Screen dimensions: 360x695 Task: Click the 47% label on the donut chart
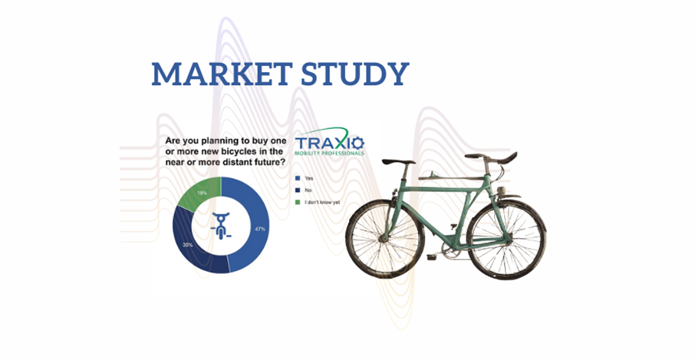[260, 230]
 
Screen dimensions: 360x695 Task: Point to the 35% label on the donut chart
[186, 245]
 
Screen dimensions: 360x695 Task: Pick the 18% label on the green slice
[201, 192]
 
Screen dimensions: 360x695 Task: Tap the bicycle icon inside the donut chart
[221, 223]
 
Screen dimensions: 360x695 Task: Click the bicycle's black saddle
[398, 162]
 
